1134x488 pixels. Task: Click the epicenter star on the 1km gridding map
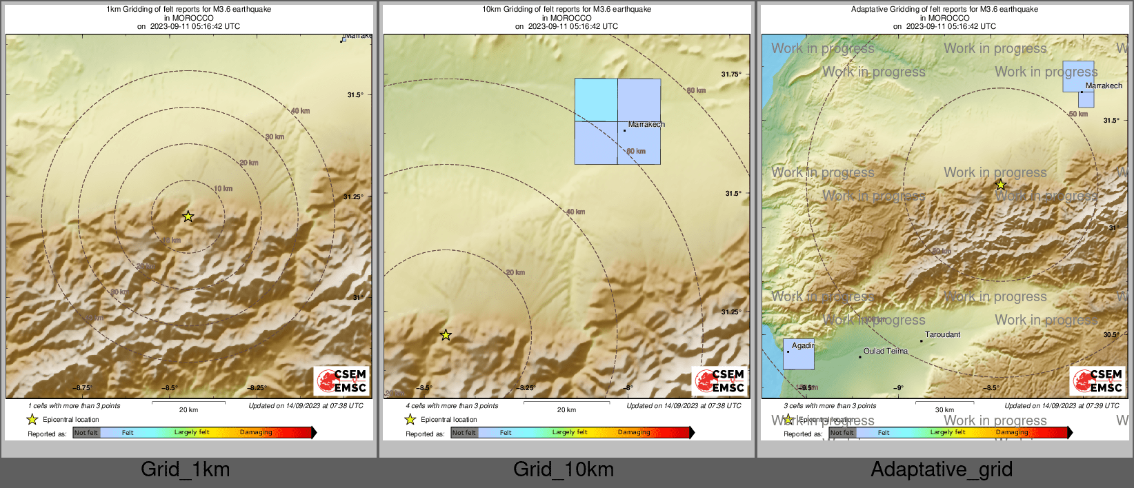coord(188,216)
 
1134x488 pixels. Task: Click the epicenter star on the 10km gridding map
coord(446,335)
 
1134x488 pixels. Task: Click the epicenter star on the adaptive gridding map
coord(1000,185)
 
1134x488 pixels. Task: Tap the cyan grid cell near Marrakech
coord(596,100)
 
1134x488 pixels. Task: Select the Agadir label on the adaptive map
coord(803,345)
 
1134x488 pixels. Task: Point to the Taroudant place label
coord(942,334)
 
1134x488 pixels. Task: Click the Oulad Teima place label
coord(886,351)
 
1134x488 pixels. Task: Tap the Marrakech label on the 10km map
coord(646,124)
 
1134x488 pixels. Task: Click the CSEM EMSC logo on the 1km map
coord(342,380)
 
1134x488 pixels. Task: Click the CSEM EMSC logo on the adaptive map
coord(1097,380)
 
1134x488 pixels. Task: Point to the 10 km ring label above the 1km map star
coord(223,188)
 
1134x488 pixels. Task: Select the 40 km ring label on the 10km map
coord(575,212)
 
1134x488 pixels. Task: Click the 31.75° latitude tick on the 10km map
coord(731,74)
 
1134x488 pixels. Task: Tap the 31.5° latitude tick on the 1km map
coord(355,95)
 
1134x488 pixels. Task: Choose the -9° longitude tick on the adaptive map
coord(898,388)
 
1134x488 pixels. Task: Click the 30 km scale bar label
coord(944,409)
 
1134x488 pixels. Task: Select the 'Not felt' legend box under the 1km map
coord(86,433)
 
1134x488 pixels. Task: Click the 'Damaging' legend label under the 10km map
coord(634,432)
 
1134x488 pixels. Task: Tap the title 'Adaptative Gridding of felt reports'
coord(944,10)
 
